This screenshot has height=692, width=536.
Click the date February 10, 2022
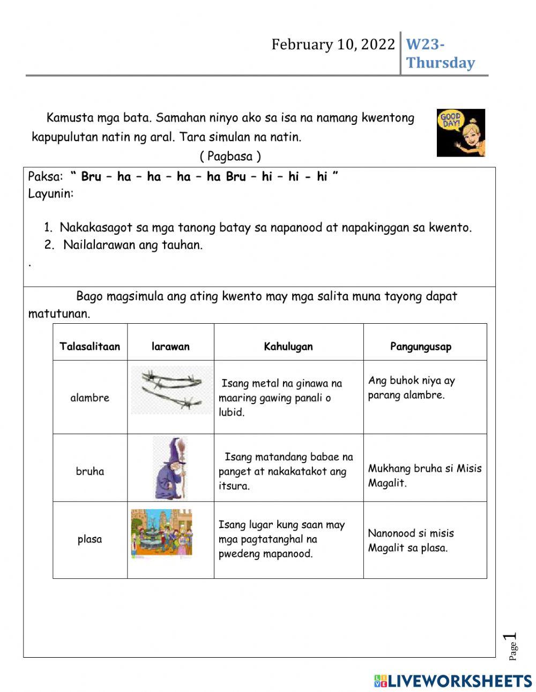332,44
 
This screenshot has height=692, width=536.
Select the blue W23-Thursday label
440,54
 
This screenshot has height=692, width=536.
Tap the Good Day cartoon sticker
460,133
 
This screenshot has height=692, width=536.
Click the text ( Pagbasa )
230,157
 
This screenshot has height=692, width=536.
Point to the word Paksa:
45,177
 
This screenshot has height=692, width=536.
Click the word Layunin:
50,194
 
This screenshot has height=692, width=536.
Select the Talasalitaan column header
90,346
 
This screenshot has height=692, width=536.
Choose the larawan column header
170,346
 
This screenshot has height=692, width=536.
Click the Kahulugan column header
288,346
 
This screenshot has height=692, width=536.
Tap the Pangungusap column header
421,346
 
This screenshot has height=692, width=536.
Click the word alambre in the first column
90,398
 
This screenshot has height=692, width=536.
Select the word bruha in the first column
90,472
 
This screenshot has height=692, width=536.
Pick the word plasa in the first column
90,539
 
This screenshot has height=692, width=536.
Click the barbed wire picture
171,390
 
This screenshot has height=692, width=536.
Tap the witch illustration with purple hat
170,467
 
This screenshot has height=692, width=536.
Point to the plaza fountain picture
162,533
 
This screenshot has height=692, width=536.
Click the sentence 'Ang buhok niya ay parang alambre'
411,388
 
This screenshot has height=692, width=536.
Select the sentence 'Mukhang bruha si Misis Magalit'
425,475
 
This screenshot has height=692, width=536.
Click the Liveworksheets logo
453,681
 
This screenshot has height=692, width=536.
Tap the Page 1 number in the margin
511,646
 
